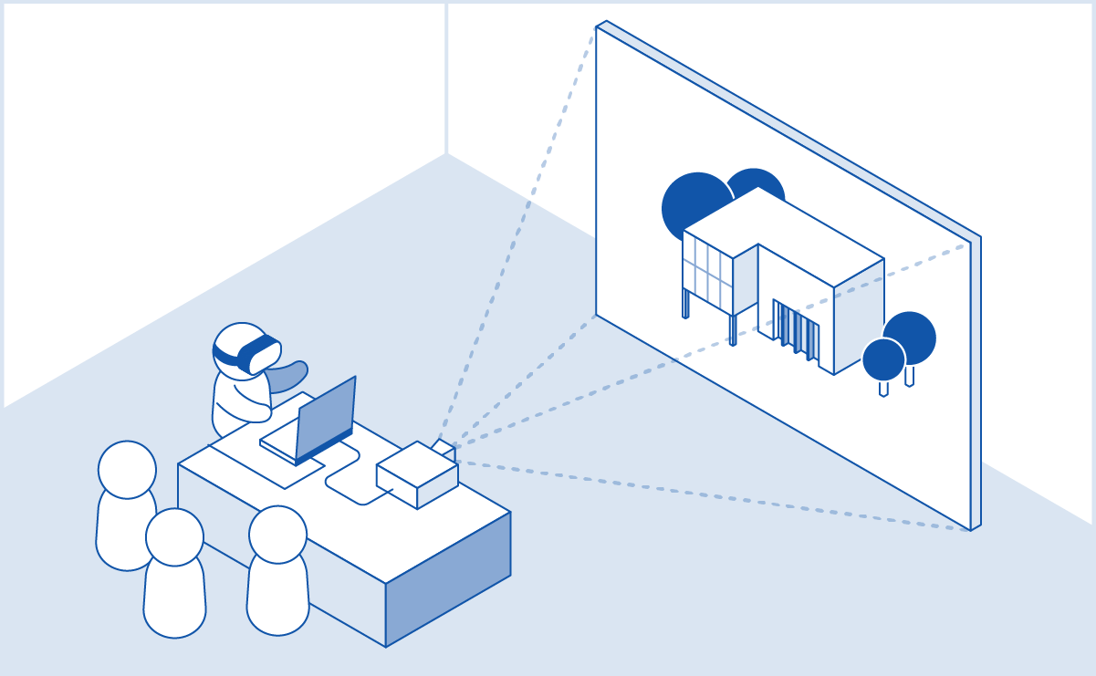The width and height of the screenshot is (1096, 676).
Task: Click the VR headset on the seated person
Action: (257, 354)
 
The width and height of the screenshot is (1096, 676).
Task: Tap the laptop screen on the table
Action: (326, 416)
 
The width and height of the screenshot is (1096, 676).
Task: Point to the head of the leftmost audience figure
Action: (127, 470)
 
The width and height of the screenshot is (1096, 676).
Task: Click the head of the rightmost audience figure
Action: (277, 535)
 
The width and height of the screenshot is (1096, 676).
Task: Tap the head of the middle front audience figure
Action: (174, 537)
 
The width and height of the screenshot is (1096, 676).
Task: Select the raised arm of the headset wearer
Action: (290, 376)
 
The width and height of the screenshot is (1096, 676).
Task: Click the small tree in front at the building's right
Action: (883, 359)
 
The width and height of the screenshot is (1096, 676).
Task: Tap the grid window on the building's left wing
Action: (707, 273)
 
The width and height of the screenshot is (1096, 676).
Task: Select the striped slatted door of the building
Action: (796, 332)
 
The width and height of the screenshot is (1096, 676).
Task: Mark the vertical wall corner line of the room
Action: (446, 78)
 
